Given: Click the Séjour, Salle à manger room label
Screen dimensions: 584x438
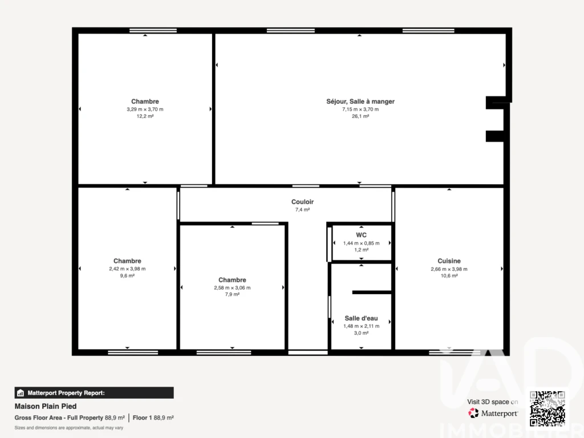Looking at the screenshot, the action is click(360, 102).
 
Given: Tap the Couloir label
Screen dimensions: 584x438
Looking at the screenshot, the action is click(302, 202).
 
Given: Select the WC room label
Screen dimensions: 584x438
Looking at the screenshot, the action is click(361, 235).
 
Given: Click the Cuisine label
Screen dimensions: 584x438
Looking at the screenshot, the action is click(449, 261).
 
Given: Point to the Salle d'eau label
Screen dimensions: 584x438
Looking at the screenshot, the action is click(361, 318).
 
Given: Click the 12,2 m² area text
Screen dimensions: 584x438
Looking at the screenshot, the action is click(145, 116).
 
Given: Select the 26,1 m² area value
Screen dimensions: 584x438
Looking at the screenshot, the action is click(360, 116).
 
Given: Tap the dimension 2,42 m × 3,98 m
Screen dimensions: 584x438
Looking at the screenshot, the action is click(127, 269).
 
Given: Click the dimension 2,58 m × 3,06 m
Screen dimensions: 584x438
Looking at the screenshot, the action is click(233, 288).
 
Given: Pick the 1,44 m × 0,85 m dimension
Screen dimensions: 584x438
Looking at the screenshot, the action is click(361, 243).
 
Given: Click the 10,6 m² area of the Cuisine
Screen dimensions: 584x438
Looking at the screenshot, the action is click(449, 276).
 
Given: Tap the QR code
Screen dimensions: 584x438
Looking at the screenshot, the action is click(547, 408).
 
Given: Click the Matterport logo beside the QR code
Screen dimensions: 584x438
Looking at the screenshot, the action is click(493, 413).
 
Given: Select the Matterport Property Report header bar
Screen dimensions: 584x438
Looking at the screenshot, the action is click(94, 393).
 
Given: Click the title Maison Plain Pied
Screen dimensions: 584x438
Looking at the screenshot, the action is click(46, 406).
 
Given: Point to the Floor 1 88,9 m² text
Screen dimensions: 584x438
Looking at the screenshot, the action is click(153, 418).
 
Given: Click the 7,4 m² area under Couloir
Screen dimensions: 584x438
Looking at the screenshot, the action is click(302, 210).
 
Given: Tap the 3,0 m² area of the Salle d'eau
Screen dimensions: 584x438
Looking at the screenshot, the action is click(361, 333).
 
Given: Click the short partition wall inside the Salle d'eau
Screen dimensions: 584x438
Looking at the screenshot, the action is click(372, 293).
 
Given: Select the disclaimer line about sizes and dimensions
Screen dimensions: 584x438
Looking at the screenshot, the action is click(69, 428).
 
